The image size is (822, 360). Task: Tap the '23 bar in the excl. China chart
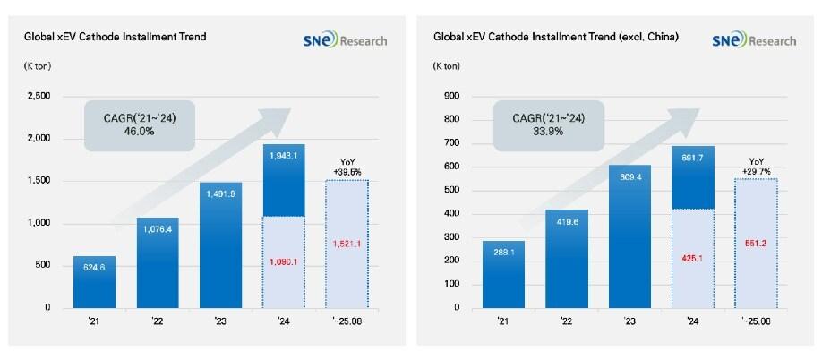(x=629, y=236)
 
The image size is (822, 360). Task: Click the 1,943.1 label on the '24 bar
(x=285, y=154)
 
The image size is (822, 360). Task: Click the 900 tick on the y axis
(x=452, y=96)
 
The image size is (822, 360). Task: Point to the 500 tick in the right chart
(x=452, y=190)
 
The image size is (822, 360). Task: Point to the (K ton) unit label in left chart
(x=37, y=66)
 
